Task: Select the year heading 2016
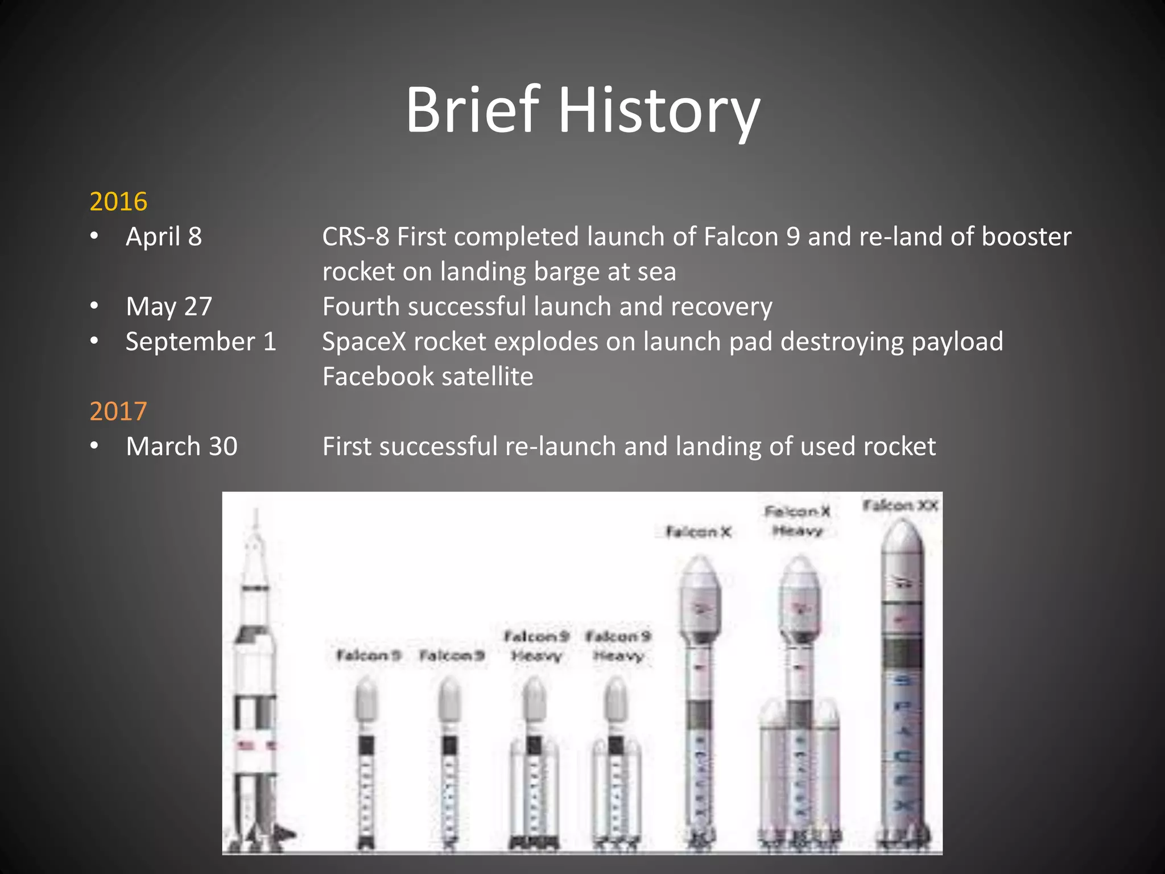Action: point(118,201)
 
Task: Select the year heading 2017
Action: point(118,411)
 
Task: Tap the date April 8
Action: point(164,237)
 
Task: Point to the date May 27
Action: point(169,307)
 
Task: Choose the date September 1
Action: point(201,341)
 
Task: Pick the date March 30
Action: point(181,446)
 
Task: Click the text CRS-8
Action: point(356,237)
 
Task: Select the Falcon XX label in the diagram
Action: point(900,505)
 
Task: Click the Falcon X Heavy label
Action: point(798,521)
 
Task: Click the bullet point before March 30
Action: point(94,446)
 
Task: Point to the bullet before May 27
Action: point(94,307)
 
